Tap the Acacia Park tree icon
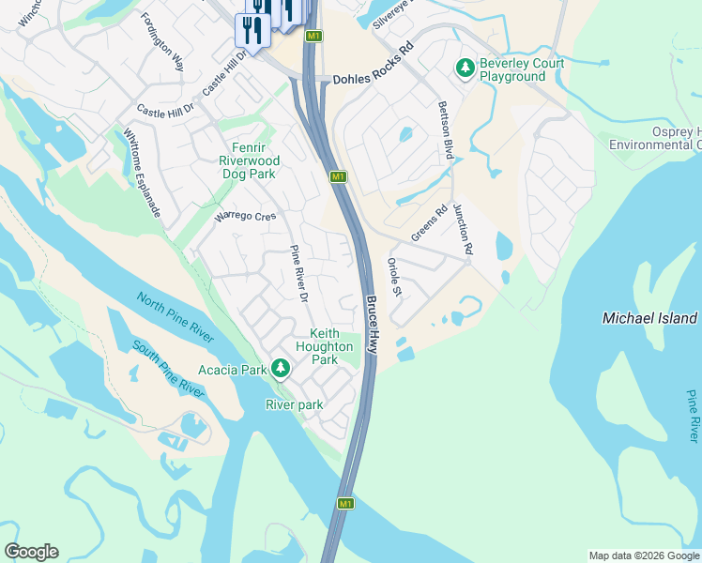(x=280, y=369)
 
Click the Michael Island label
(x=650, y=319)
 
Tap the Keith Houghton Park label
(x=324, y=346)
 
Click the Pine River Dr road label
(x=298, y=273)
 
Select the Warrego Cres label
(x=245, y=216)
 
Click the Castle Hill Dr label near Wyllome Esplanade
(x=164, y=110)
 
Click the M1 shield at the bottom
(x=345, y=504)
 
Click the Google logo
(x=31, y=552)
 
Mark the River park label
(x=295, y=405)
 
